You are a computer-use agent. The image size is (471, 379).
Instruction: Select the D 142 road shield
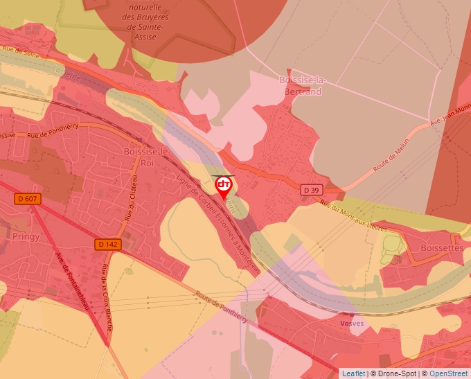[x=107, y=244]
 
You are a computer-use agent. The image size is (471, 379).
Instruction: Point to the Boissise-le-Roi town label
[x=145, y=157]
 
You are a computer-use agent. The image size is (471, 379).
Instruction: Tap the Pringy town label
[x=26, y=236]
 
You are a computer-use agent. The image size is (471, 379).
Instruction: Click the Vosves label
[x=352, y=324]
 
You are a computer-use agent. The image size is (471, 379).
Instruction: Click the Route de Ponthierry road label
[x=222, y=307]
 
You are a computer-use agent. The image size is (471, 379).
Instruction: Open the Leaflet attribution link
[x=353, y=373]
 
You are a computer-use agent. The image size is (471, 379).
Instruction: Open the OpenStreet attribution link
[x=450, y=373]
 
